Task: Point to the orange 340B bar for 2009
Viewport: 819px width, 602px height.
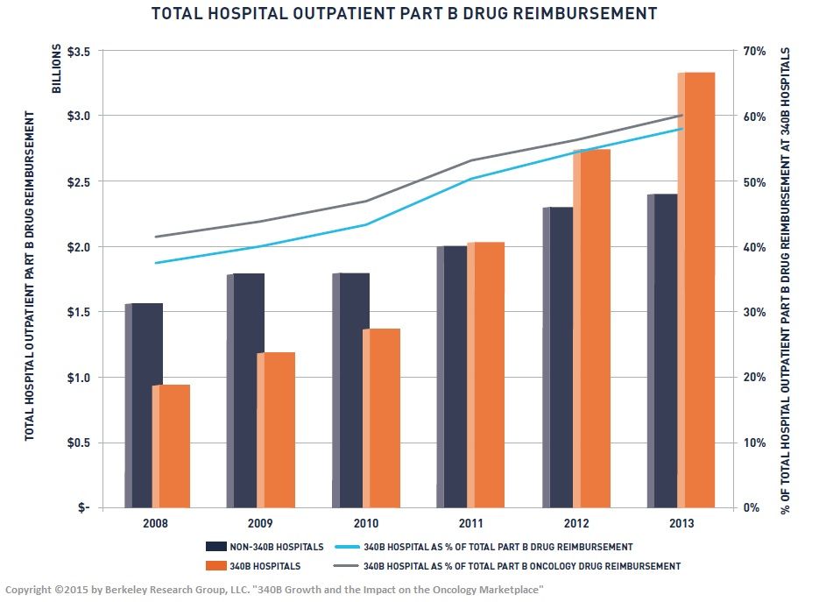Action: (x=276, y=429)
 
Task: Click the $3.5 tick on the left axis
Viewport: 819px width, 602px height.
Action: (x=80, y=51)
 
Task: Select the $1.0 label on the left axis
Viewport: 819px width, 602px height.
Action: (x=80, y=378)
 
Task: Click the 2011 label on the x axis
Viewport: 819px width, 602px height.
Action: (x=471, y=524)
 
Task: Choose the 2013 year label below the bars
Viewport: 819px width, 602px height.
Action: (x=681, y=524)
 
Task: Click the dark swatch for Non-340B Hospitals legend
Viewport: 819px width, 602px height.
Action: (x=222, y=547)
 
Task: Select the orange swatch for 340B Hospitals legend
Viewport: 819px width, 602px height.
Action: (x=222, y=566)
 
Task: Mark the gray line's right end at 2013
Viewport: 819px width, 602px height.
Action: (x=681, y=116)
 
